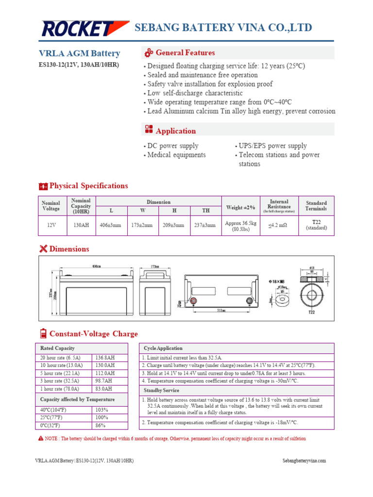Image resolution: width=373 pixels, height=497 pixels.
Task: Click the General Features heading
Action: click(185, 53)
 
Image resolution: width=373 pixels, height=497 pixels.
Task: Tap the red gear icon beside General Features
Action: click(149, 53)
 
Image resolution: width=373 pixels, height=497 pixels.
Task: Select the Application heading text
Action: click(176, 131)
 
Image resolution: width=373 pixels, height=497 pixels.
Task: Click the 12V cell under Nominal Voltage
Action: click(51, 225)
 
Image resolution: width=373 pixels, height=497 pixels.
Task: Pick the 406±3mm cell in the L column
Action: click(111, 225)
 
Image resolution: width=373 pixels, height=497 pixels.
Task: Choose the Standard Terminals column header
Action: click(316, 206)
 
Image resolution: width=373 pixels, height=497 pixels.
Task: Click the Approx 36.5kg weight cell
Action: click(240, 225)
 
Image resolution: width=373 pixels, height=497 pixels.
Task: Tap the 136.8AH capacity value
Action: click(105, 357)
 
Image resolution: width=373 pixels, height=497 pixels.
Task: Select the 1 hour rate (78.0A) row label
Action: click(60, 389)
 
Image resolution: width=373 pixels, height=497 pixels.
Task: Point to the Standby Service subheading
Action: click(161, 390)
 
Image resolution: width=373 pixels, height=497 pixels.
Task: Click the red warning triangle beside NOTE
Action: click(41, 438)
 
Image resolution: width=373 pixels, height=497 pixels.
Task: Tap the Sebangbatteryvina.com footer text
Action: click(304, 461)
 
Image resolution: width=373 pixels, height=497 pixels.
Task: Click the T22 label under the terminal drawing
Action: click(311, 313)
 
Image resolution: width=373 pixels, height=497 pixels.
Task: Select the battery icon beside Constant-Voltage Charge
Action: click(43, 333)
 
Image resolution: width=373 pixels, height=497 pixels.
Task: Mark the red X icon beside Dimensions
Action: click(43, 249)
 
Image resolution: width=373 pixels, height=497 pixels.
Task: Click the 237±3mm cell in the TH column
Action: click(205, 225)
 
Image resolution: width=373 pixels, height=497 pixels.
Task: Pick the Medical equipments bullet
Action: click(176, 155)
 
